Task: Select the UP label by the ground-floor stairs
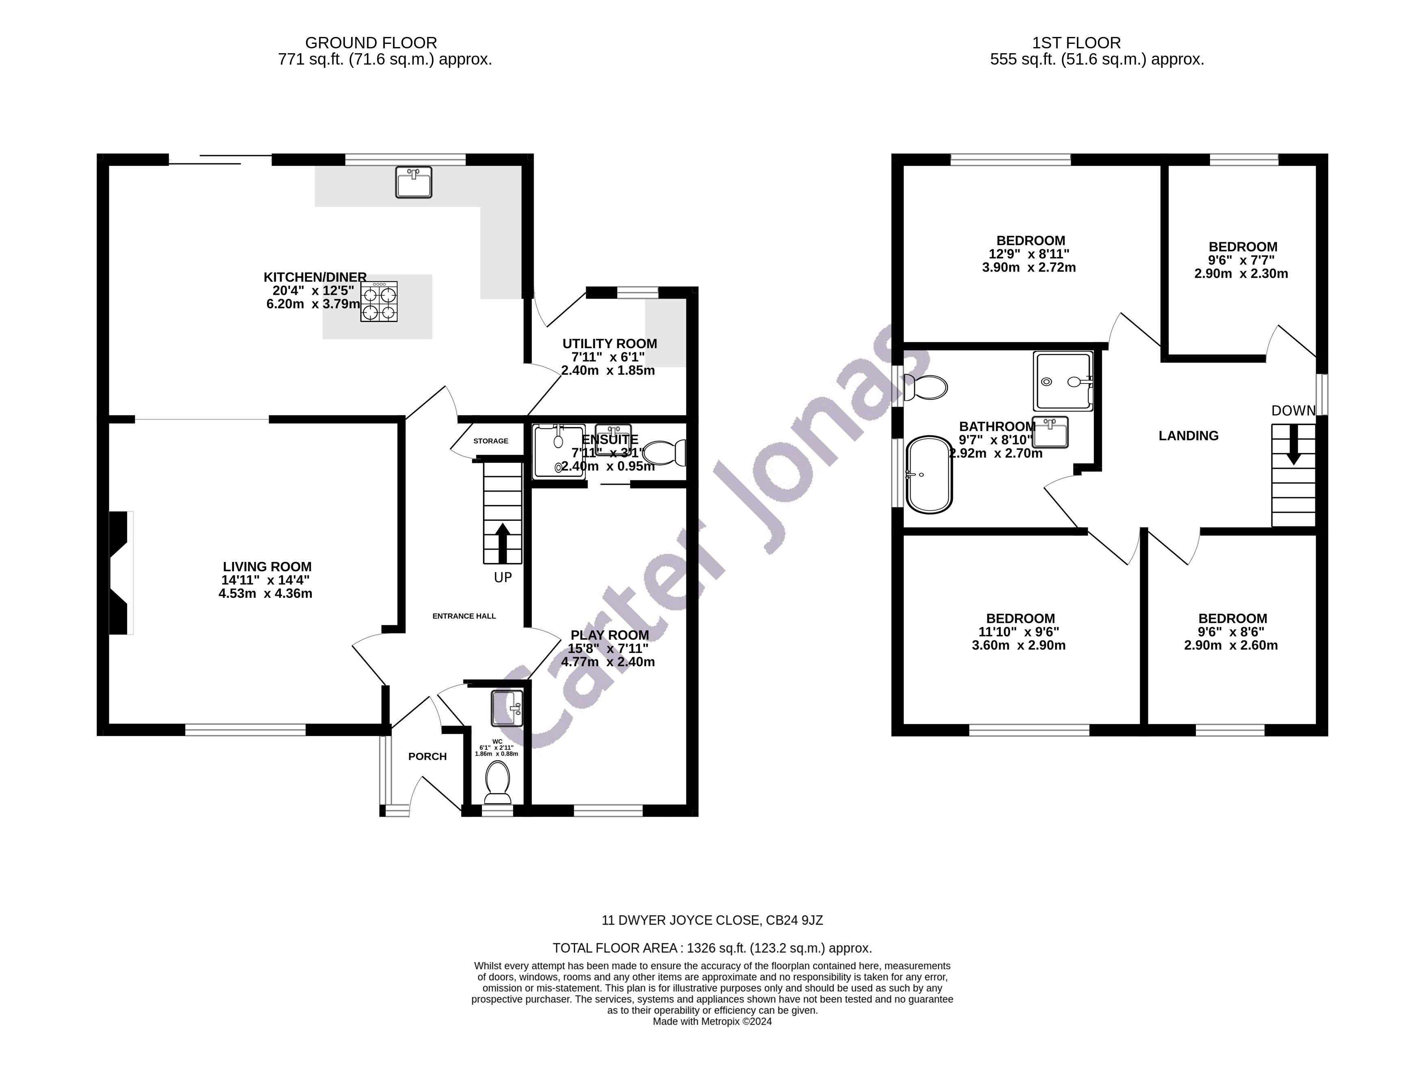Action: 503,578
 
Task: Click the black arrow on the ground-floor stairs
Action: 502,544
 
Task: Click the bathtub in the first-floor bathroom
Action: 929,475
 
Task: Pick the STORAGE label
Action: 491,441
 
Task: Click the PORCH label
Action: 427,756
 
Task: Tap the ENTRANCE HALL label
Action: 464,616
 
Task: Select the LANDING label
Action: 1188,436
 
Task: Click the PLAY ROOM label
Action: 609,635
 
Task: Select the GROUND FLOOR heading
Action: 371,43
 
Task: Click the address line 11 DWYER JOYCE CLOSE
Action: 712,921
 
